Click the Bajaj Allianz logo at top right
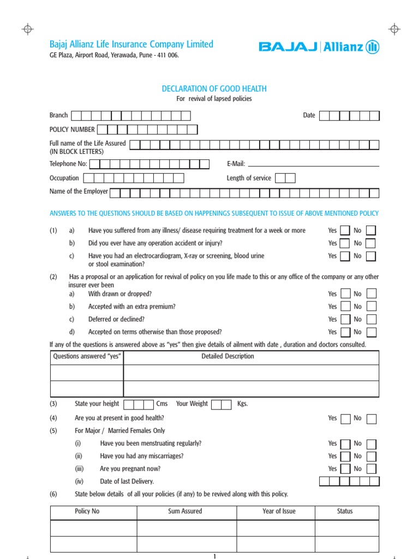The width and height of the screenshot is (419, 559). [x=319, y=47]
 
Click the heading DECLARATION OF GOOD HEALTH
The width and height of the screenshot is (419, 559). [x=214, y=88]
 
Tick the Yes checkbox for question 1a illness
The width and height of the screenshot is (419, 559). [x=345, y=231]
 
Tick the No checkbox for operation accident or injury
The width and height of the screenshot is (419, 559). [x=370, y=243]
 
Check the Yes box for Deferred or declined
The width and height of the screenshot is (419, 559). [x=345, y=319]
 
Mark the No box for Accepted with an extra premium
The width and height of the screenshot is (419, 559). [x=371, y=307]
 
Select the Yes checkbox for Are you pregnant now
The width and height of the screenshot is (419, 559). [x=345, y=469]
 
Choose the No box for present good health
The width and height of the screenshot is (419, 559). [x=371, y=419]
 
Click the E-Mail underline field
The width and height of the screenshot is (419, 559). [x=313, y=164]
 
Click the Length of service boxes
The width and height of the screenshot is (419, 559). [x=285, y=178]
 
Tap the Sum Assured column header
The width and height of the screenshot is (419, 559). [x=185, y=512]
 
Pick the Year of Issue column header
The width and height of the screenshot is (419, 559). [x=279, y=512]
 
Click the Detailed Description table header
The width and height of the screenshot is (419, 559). [x=228, y=356]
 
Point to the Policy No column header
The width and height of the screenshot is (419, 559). [x=87, y=512]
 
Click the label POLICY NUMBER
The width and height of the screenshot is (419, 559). [x=72, y=129]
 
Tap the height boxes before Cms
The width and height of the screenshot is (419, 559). [x=139, y=404]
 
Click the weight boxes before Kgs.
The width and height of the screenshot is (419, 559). [x=221, y=404]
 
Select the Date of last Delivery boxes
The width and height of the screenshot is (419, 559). [x=349, y=481]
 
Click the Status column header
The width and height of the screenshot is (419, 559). [x=345, y=512]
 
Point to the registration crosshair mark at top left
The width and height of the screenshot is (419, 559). [x=28, y=29]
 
